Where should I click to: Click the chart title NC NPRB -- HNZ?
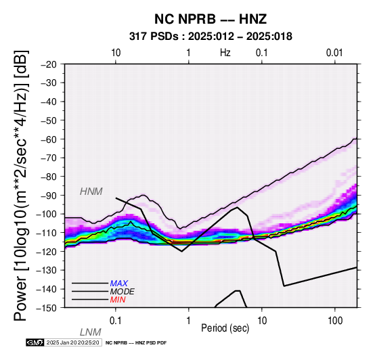(211, 19)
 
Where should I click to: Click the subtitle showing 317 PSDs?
(211, 37)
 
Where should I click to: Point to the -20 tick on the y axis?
(49, 64)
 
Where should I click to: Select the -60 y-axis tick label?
(49, 139)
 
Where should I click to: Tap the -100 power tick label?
(47, 214)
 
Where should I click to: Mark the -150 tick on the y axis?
(47, 308)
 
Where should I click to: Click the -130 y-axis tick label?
(47, 270)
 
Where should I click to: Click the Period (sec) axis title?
(225, 328)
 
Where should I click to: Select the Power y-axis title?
(21, 185)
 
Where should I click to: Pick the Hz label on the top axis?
(225, 53)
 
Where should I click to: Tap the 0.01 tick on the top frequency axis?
(334, 53)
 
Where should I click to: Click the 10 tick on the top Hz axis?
(116, 53)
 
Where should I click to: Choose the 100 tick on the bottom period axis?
(335, 321)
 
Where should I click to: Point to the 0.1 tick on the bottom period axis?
(116, 321)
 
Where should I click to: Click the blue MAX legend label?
(118, 284)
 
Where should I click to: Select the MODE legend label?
(122, 292)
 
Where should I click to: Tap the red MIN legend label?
(118, 300)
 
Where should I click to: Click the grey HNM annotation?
(91, 192)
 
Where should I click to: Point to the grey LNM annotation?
(91, 332)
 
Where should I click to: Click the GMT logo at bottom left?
(35, 342)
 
